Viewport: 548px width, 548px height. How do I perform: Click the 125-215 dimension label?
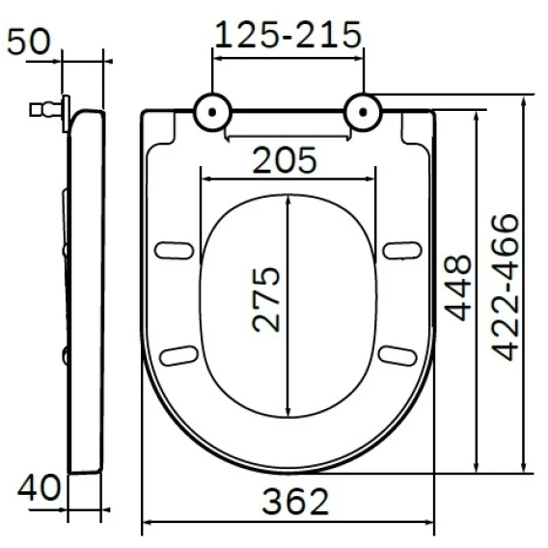288,35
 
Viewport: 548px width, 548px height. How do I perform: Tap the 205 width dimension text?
285,160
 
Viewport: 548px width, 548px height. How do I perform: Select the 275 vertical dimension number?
266,299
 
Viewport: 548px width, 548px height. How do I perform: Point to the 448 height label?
458,288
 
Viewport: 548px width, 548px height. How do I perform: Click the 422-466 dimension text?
505,288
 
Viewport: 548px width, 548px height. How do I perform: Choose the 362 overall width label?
295,502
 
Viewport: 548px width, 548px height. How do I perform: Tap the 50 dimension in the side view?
29,41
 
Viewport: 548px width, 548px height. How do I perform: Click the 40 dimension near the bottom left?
40,487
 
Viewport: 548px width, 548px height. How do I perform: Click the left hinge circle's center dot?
212,112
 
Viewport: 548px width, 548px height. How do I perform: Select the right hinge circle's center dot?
363,112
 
